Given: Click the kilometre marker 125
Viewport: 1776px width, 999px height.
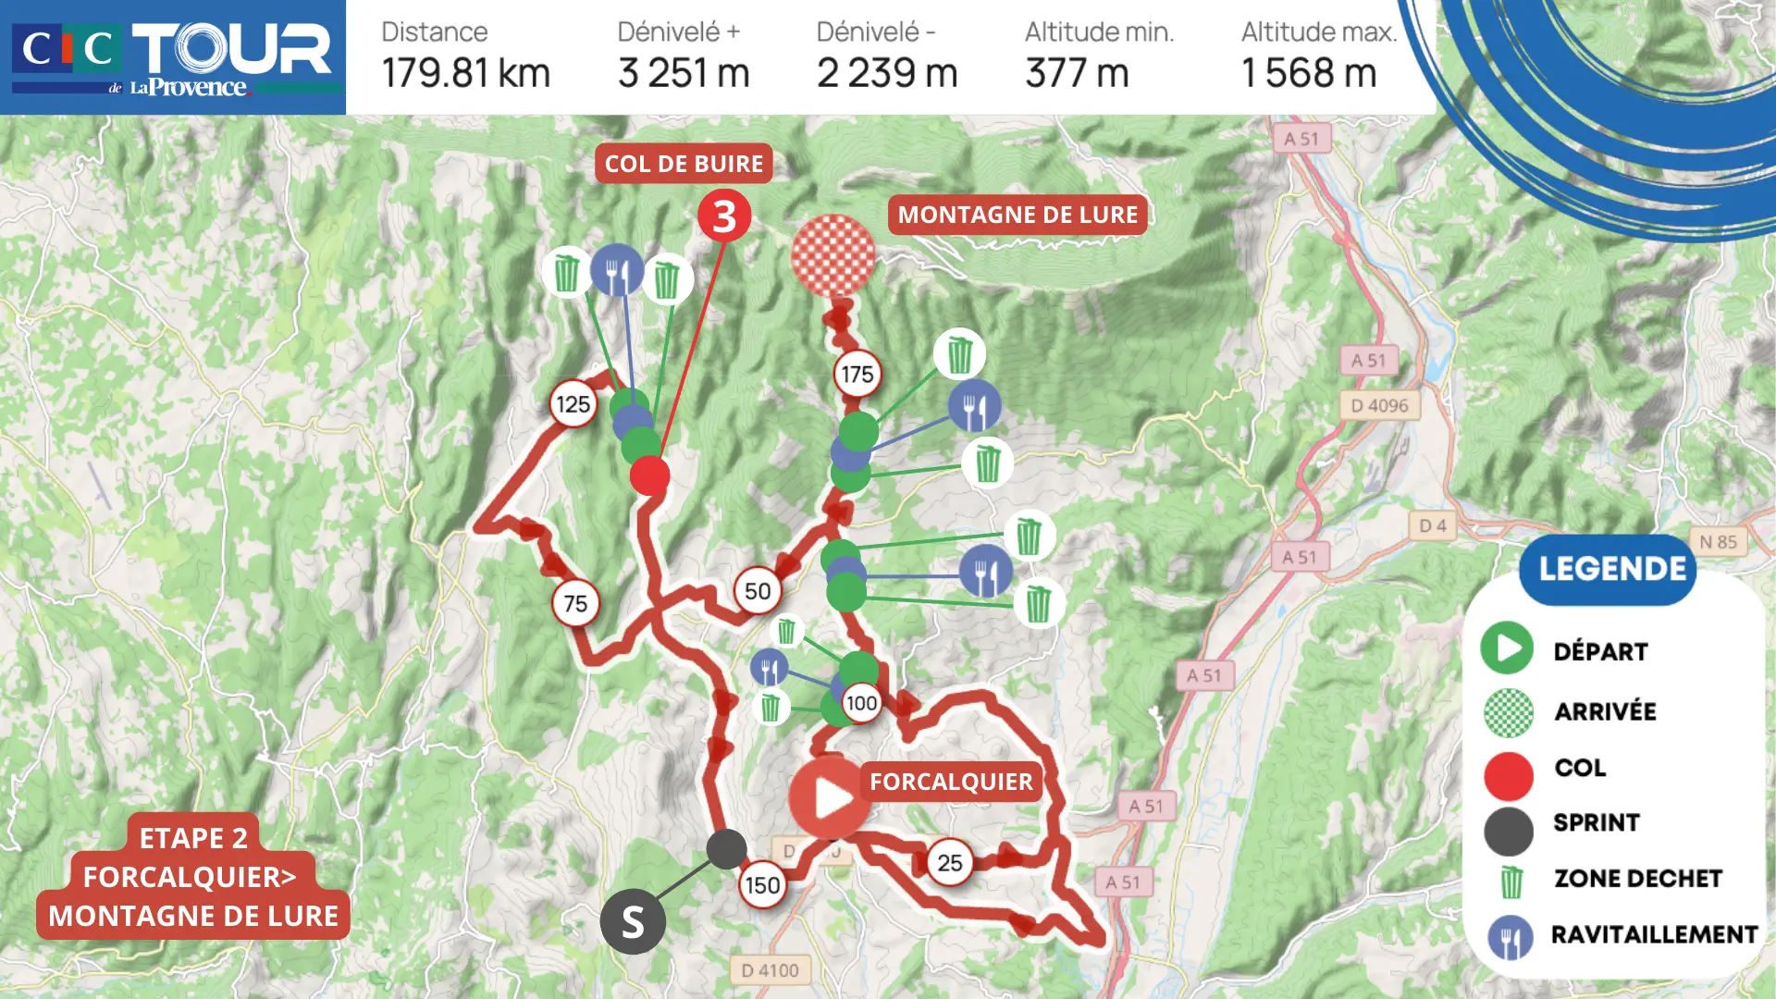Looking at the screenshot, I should (x=573, y=404).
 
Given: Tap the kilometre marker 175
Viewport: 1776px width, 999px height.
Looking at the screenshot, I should (x=857, y=375).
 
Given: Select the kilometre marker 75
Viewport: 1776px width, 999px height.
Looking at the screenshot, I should (x=575, y=604).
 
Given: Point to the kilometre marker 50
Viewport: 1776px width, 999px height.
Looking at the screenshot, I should (x=758, y=591).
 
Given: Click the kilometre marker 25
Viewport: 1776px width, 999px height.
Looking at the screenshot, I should (x=949, y=863).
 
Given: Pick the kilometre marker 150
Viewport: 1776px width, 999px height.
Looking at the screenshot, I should (x=762, y=885).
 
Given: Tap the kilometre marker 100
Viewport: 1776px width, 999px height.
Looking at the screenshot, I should (x=861, y=703).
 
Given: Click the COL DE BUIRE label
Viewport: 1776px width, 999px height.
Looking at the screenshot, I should (x=684, y=164).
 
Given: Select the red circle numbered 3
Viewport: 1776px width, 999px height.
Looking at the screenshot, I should (x=724, y=216).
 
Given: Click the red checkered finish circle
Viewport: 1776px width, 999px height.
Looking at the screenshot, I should (x=832, y=255).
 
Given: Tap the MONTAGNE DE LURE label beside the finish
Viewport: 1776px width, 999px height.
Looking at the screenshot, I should (x=1017, y=215).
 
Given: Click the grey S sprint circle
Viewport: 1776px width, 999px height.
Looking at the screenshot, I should (x=633, y=921).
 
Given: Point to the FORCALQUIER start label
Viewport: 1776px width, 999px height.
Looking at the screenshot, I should (x=951, y=782).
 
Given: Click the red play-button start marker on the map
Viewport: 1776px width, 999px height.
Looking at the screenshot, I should (x=829, y=797).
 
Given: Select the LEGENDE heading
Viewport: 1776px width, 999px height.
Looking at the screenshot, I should (x=1611, y=569).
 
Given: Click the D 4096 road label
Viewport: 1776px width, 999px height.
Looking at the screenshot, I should (x=1379, y=405).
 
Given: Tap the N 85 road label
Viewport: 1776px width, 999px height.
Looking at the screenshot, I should (x=1718, y=542).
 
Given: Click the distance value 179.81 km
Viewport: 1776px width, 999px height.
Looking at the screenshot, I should (x=465, y=73).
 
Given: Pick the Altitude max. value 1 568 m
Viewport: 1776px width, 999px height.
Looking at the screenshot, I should (x=1308, y=73).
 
